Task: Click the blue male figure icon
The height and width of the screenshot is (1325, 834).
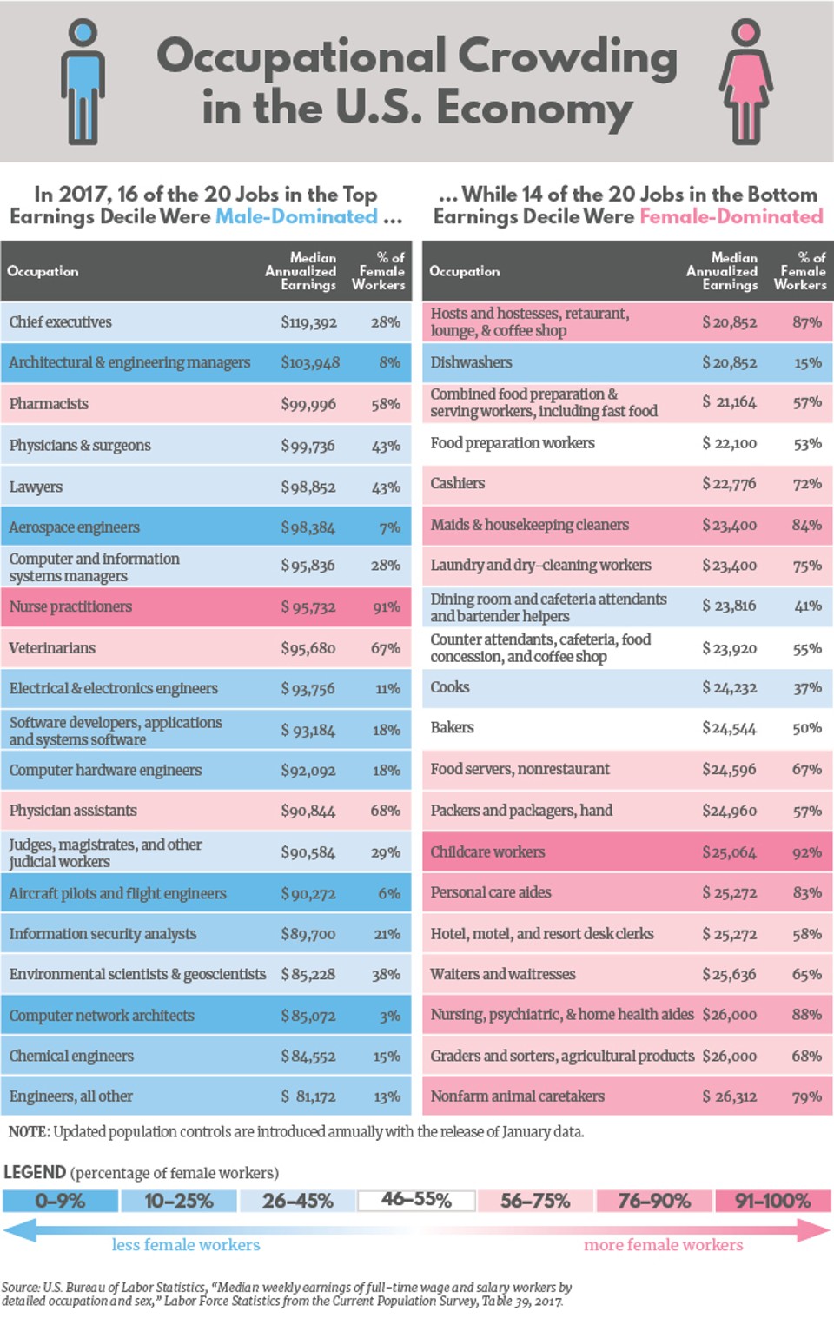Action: (83, 83)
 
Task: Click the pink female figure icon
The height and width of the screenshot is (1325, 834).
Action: (745, 83)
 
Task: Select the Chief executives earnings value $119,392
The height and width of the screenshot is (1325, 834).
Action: (308, 322)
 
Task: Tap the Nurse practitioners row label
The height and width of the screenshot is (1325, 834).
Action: (70, 606)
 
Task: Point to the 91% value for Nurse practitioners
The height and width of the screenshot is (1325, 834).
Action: (386, 607)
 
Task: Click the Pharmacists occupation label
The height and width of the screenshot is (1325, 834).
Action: (49, 404)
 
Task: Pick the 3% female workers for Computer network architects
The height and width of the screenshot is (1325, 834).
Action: (389, 1016)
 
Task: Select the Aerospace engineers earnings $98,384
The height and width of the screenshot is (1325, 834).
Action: (308, 527)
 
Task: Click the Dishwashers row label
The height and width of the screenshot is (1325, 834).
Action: (471, 362)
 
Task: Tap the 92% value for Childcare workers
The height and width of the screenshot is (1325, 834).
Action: (806, 852)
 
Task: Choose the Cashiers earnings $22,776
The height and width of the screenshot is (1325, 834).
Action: (729, 484)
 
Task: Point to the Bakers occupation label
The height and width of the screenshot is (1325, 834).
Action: (452, 727)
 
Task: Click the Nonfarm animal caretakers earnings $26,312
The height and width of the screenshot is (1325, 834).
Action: (729, 1096)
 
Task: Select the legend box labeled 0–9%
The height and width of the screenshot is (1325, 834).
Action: (60, 1201)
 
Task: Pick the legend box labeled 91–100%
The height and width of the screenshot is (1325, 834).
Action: (772, 1201)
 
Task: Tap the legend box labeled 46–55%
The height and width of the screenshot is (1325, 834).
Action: (416, 1201)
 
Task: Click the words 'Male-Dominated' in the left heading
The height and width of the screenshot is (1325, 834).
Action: (296, 216)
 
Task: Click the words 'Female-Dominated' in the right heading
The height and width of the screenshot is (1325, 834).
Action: (731, 216)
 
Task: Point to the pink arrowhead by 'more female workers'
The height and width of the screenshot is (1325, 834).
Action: (813, 1229)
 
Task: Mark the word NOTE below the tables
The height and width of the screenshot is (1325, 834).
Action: (29, 1132)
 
